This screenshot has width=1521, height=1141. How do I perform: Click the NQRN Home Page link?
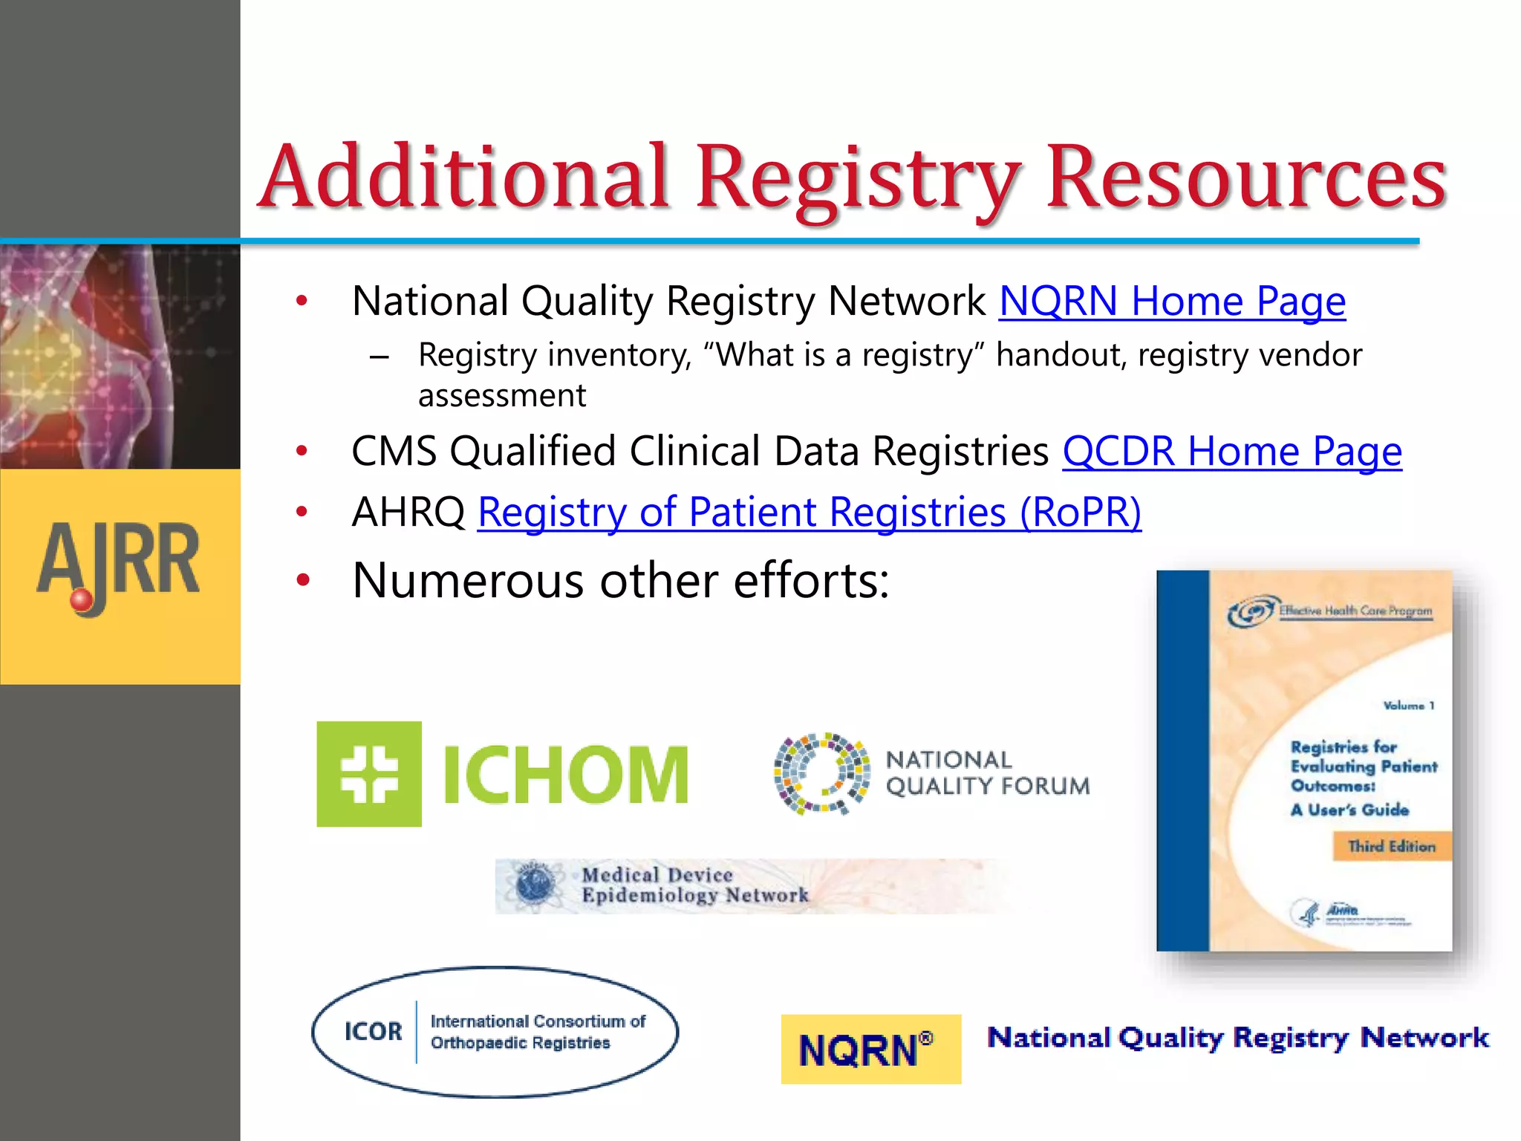1172,302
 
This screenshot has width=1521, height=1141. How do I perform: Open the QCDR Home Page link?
1231,452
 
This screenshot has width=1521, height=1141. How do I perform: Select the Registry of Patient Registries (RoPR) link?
809,513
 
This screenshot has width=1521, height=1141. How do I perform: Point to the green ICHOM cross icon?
369,774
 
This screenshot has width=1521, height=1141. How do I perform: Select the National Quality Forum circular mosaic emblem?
821,773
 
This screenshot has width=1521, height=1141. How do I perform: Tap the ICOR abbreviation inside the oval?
373,1032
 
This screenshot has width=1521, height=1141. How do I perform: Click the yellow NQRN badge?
870,1049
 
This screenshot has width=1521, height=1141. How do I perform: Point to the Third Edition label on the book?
1392,847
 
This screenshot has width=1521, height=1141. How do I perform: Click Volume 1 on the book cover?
1408,706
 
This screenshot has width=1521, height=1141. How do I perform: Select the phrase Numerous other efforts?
621,581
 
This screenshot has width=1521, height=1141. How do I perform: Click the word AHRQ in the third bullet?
408,513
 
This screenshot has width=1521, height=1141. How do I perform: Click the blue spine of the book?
1183,761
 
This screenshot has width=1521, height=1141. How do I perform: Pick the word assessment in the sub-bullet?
502,396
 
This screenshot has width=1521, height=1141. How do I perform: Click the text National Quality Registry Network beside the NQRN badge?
1237,1038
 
